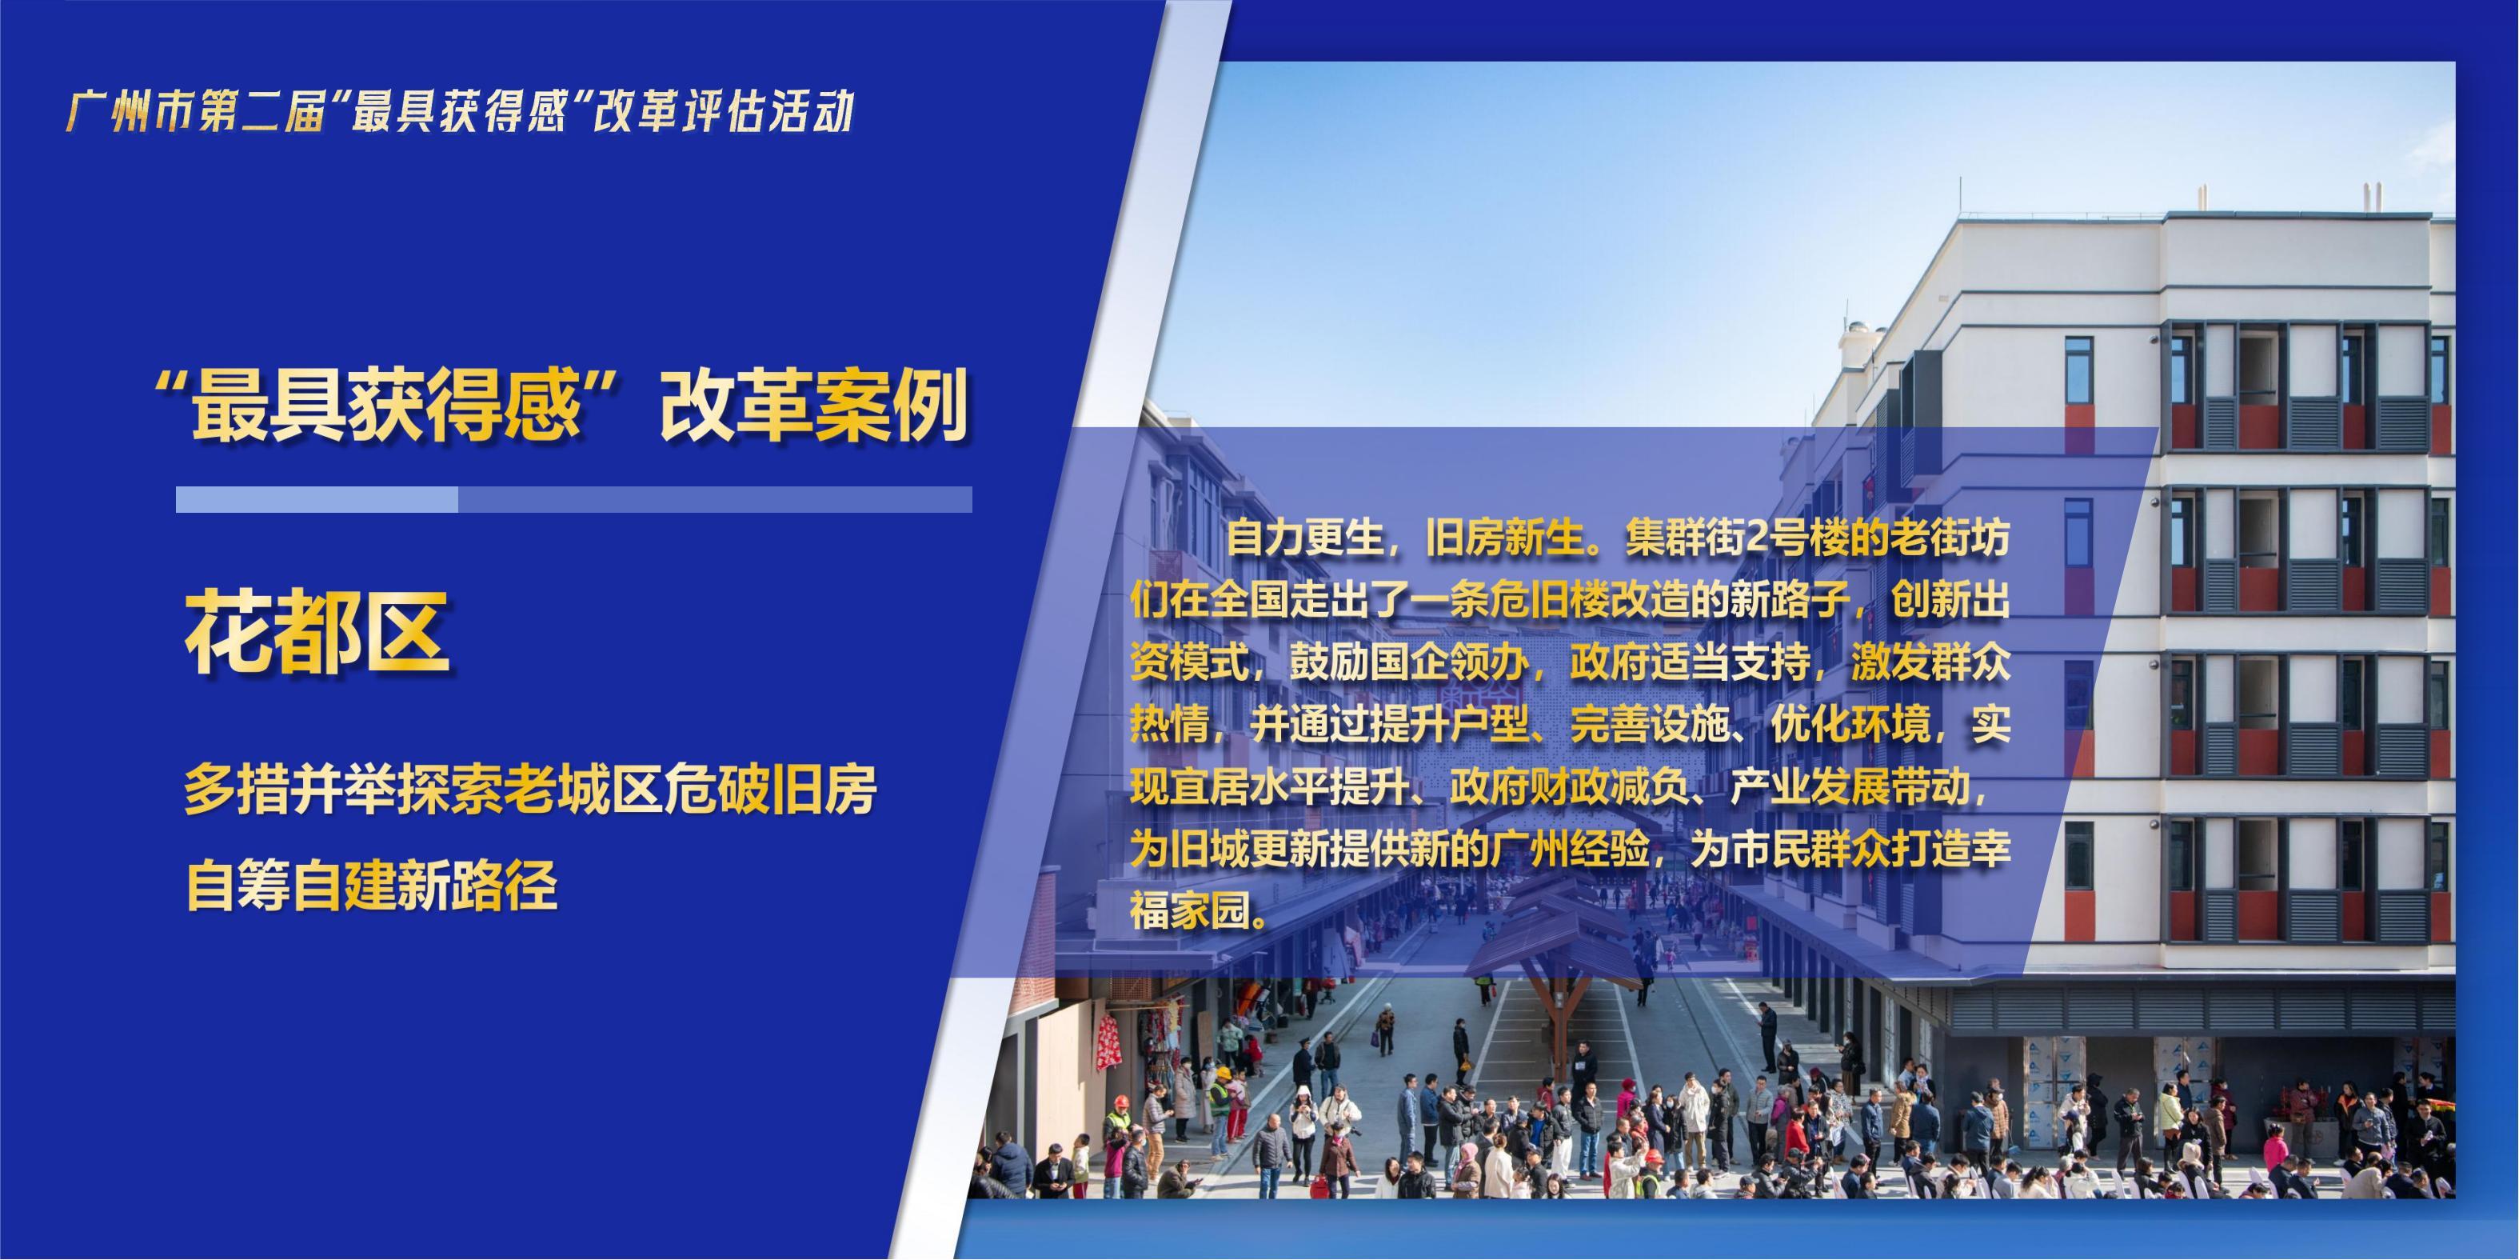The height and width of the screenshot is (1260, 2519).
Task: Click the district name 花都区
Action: (317, 633)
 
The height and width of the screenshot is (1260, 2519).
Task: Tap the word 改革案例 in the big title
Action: (813, 405)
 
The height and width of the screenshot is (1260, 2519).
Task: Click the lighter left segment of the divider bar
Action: (317, 500)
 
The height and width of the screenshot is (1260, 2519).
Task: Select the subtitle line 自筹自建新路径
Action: (372, 886)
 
